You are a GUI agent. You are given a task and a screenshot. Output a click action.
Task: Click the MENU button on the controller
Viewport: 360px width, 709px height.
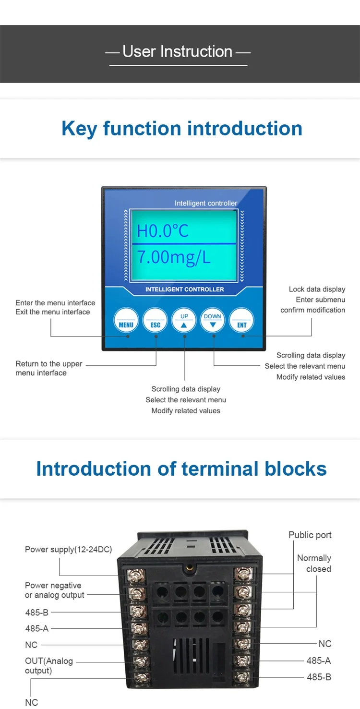[126, 320]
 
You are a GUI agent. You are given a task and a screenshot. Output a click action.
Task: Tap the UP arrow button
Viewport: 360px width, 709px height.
[184, 320]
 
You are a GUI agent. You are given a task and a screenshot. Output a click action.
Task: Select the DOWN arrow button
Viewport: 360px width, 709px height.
[213, 320]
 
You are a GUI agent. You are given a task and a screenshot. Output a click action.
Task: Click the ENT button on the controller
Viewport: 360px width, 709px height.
[241, 320]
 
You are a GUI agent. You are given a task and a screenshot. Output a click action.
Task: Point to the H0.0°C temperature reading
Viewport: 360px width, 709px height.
[163, 231]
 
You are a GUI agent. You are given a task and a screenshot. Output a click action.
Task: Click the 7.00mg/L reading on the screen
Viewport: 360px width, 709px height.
[174, 258]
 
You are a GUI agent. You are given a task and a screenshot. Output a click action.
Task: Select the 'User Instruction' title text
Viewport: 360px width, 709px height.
[178, 51]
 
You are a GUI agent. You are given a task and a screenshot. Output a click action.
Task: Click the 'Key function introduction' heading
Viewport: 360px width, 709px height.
[182, 129]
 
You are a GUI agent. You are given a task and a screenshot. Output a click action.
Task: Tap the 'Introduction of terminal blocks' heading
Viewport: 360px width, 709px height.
[181, 469]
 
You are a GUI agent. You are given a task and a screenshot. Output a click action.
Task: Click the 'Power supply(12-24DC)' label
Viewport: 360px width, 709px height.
[68, 549]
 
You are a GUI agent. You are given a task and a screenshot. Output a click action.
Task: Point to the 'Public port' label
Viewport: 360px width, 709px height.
[310, 535]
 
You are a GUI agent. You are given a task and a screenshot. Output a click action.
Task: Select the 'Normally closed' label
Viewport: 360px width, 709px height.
[314, 563]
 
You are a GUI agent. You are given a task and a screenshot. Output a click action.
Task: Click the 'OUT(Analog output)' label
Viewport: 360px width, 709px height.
[49, 665]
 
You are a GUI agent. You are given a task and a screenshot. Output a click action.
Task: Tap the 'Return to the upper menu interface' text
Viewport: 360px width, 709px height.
[48, 368]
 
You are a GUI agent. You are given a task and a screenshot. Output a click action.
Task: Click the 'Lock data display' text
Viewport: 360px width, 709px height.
[317, 289]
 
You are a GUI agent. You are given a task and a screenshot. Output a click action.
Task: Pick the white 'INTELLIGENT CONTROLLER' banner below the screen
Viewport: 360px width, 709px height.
[185, 289]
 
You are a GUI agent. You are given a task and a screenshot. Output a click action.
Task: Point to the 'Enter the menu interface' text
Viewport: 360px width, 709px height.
[55, 303]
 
